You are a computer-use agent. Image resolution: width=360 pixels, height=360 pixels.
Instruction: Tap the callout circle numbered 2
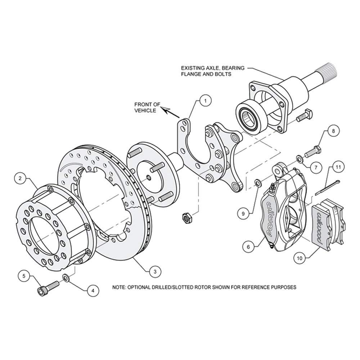(21, 177)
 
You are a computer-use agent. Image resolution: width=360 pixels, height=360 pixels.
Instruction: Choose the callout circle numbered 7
(315, 167)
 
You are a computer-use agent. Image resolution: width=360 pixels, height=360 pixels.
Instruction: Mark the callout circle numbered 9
(243, 213)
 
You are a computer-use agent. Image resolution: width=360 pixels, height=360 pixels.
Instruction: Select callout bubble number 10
(299, 257)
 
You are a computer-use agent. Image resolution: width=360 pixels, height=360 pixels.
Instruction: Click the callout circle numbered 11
(338, 167)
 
